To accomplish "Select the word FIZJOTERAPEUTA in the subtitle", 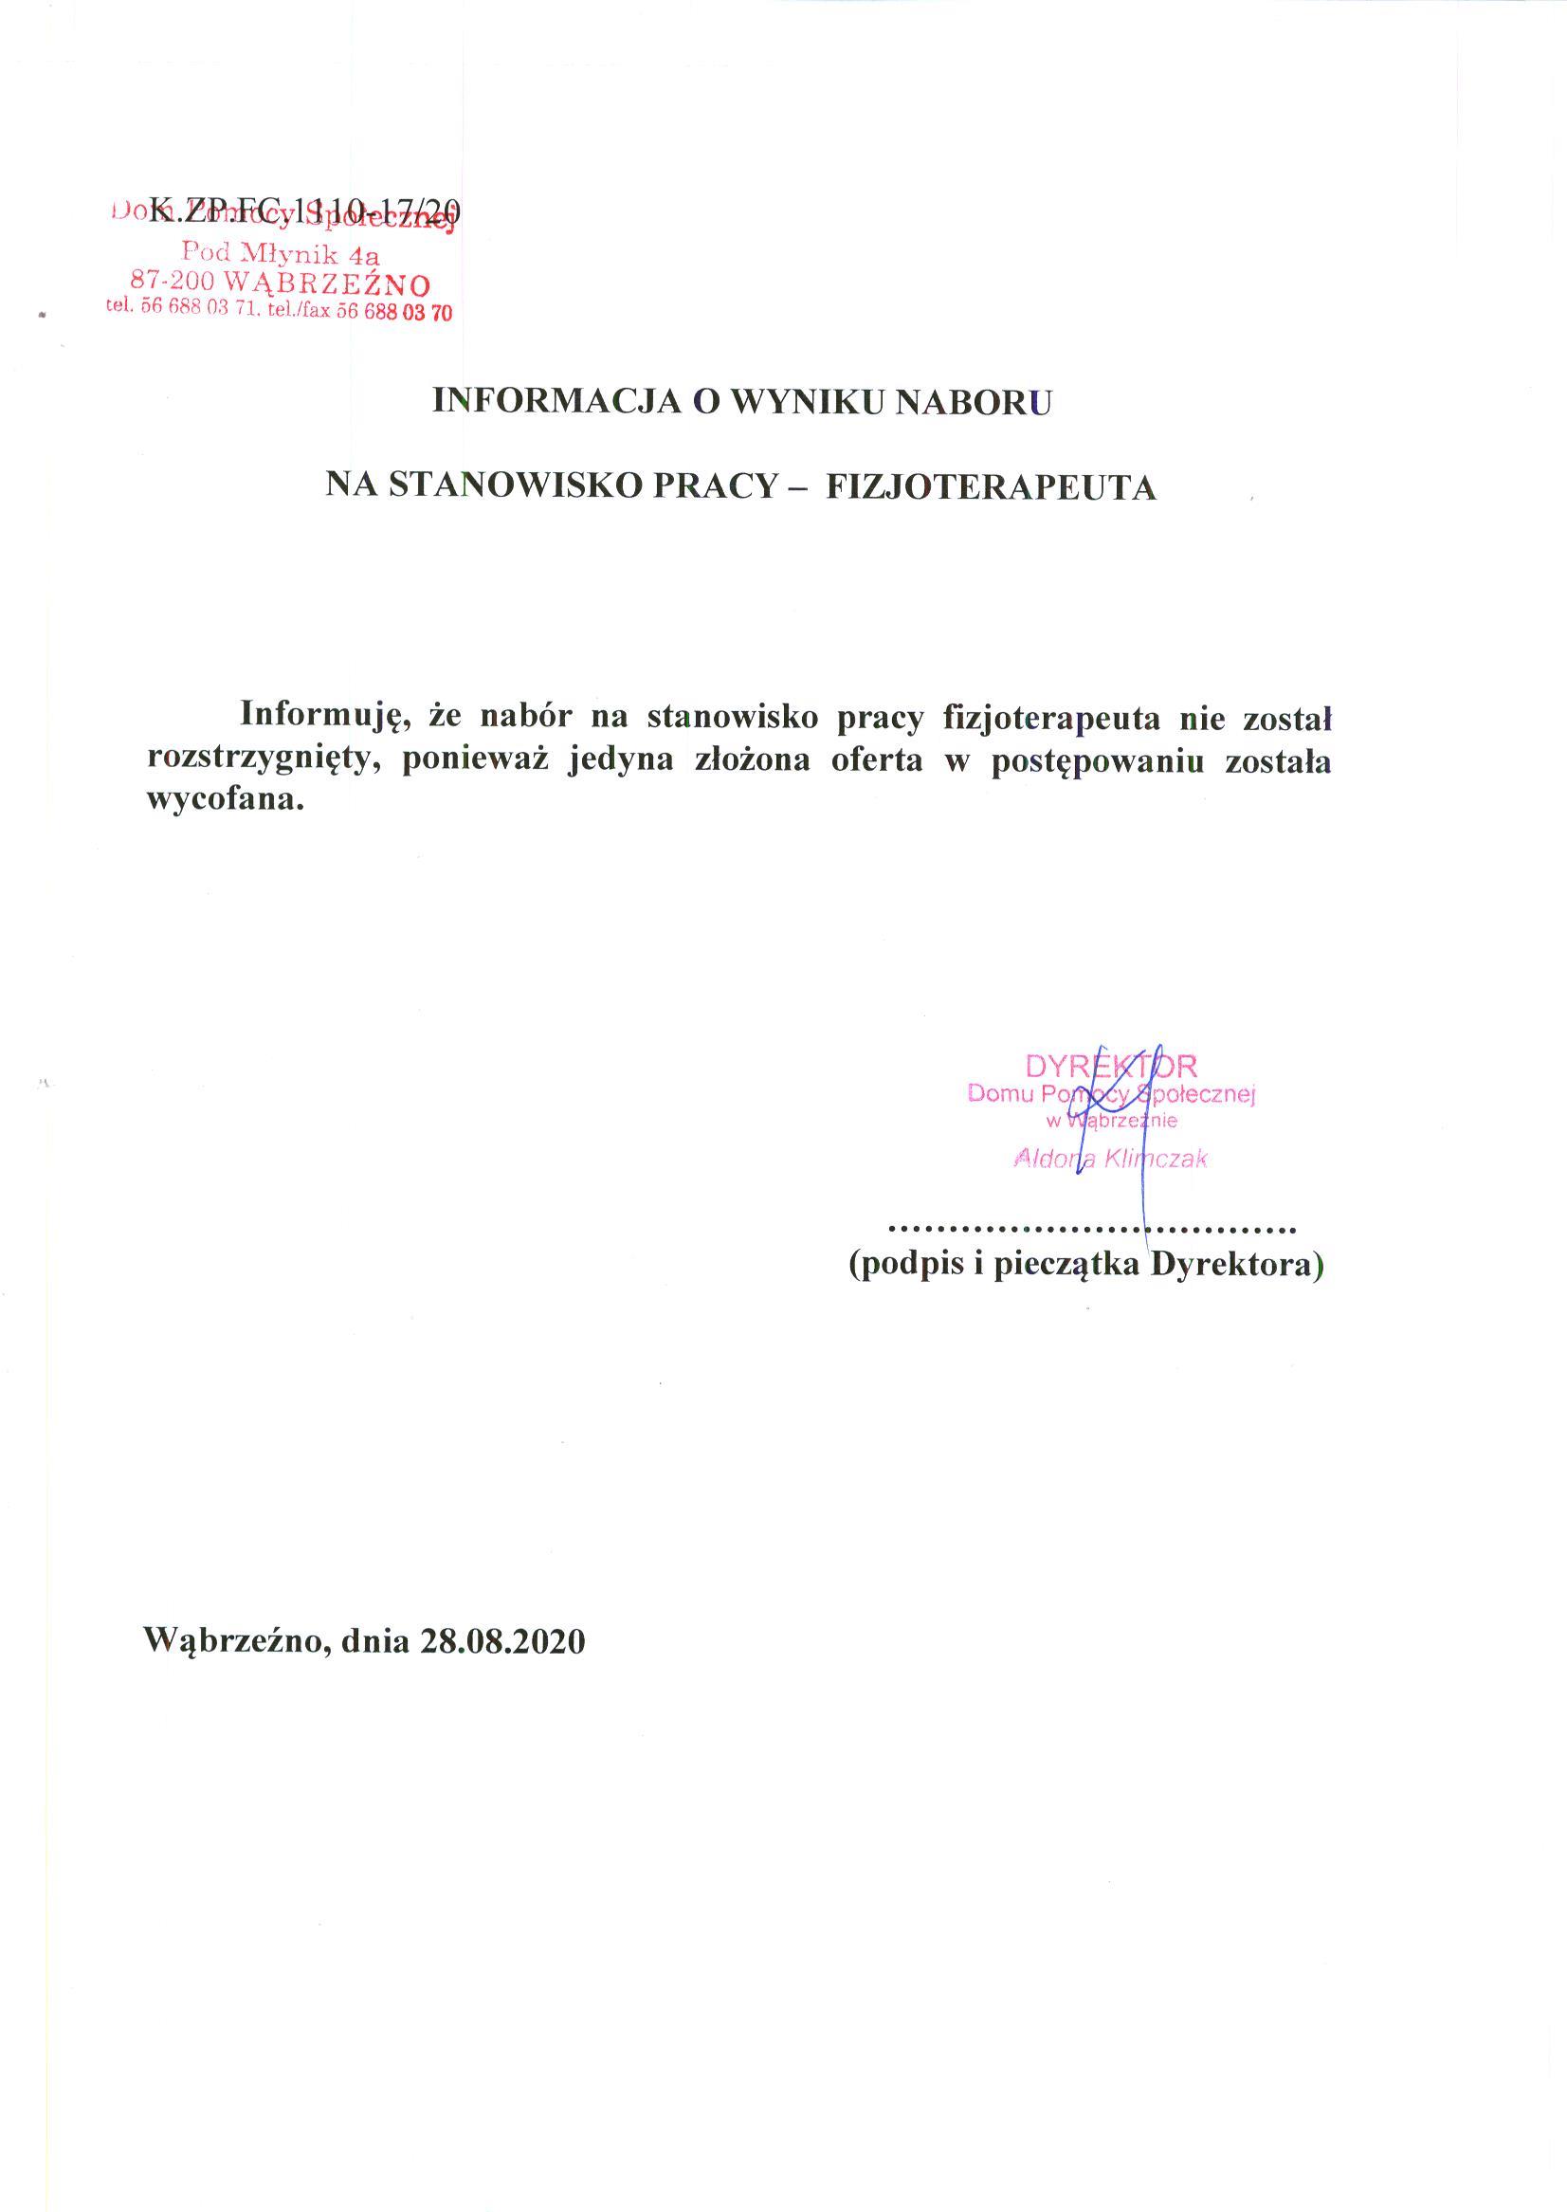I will pyautogui.click(x=992, y=486).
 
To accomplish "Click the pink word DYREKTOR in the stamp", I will pyautogui.click(x=1111, y=1067).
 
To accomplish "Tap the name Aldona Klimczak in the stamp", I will pyautogui.click(x=1111, y=1159).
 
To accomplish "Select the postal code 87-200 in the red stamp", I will pyautogui.click(x=172, y=283).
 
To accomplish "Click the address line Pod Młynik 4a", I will pyautogui.click(x=281, y=254).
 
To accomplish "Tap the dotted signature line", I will pyautogui.click(x=1091, y=1230).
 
